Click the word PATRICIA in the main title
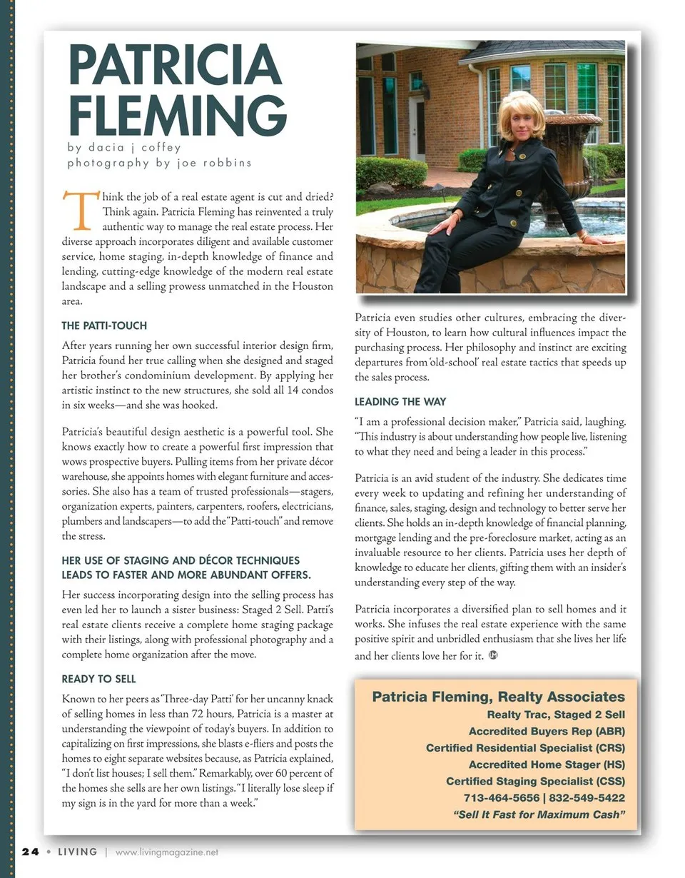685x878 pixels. tap(175, 65)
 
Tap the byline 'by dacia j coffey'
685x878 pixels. tap(124, 148)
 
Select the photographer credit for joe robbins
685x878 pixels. tap(159, 163)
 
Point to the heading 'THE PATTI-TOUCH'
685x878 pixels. tap(104, 326)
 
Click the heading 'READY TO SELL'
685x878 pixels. tap(98, 679)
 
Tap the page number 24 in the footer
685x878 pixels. tap(29, 852)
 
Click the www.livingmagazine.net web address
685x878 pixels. tap(166, 852)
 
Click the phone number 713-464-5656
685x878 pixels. tap(498, 798)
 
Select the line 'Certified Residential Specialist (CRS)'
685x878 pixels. tap(525, 748)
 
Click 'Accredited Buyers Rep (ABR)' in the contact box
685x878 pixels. tap(547, 732)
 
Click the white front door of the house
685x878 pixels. tap(417, 128)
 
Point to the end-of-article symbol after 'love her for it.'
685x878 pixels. tap(492, 655)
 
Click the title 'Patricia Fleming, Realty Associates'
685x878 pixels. tap(498, 697)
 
